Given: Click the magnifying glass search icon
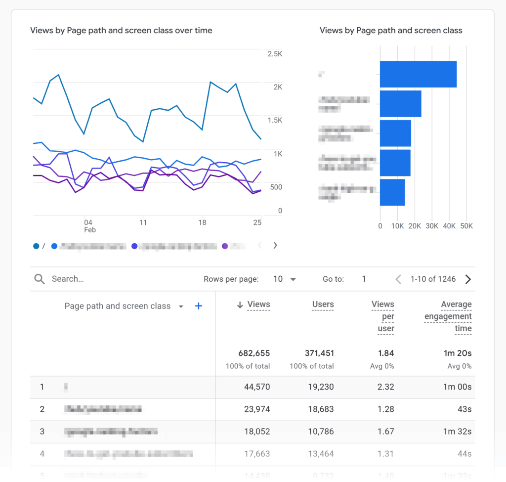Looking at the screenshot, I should click(x=40, y=279).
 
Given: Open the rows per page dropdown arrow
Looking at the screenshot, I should click(x=293, y=279).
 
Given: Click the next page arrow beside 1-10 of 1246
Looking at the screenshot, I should click(x=468, y=279).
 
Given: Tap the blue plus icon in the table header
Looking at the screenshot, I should click(x=199, y=306).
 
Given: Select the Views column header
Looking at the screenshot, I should click(x=258, y=305).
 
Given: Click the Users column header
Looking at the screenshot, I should click(x=323, y=305).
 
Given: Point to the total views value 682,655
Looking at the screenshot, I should click(x=254, y=353).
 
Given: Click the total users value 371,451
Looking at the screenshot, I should click(x=318, y=353).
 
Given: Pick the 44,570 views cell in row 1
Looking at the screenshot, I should click(x=257, y=387).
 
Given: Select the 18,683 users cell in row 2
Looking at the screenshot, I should click(x=321, y=409).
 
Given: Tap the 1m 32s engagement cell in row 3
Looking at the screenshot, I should click(x=457, y=432).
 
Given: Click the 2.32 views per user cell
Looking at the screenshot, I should click(x=385, y=387).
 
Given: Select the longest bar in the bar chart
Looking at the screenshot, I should click(x=418, y=74).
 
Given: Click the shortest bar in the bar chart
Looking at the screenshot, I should click(x=392, y=192).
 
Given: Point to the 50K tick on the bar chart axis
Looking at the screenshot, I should click(x=466, y=226).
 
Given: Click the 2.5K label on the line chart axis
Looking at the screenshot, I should click(x=275, y=53).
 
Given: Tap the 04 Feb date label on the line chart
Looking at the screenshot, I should click(x=89, y=226).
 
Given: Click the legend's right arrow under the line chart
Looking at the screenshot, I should click(x=275, y=245).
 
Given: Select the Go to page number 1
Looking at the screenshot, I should click(x=364, y=279).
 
